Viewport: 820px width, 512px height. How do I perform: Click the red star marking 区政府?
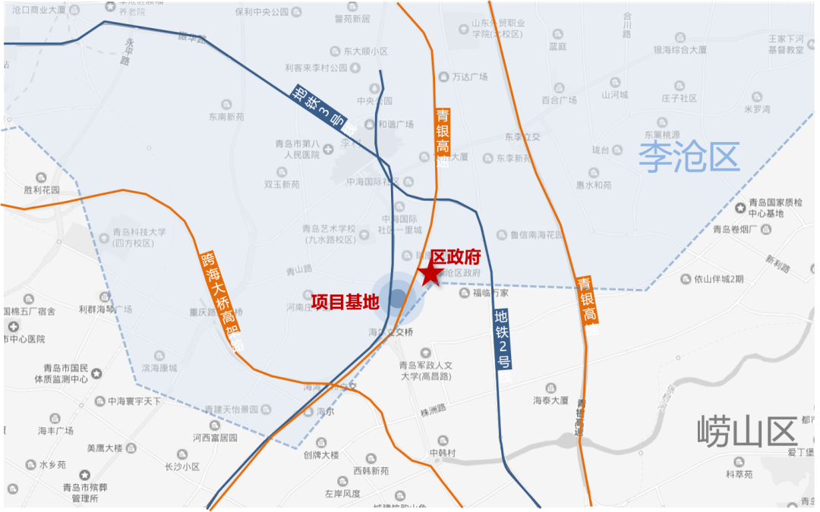pos(431,275)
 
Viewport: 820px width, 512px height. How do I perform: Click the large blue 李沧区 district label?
pos(688,158)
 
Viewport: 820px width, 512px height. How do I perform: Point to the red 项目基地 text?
pos(345,301)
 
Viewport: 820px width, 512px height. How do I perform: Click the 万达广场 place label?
pos(469,77)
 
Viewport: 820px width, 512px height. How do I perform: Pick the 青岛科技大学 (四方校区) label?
pos(139,237)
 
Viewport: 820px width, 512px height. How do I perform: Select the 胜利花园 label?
pos(42,190)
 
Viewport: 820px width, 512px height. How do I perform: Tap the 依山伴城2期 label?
pos(718,278)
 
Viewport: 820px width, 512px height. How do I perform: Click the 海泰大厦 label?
pos(550,400)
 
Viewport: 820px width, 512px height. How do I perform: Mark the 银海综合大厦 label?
pos(680,50)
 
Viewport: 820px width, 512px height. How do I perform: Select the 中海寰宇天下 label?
pos(134,400)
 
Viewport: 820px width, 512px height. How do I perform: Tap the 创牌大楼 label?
pos(320,455)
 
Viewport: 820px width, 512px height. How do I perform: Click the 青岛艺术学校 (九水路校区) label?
pos(329,234)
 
